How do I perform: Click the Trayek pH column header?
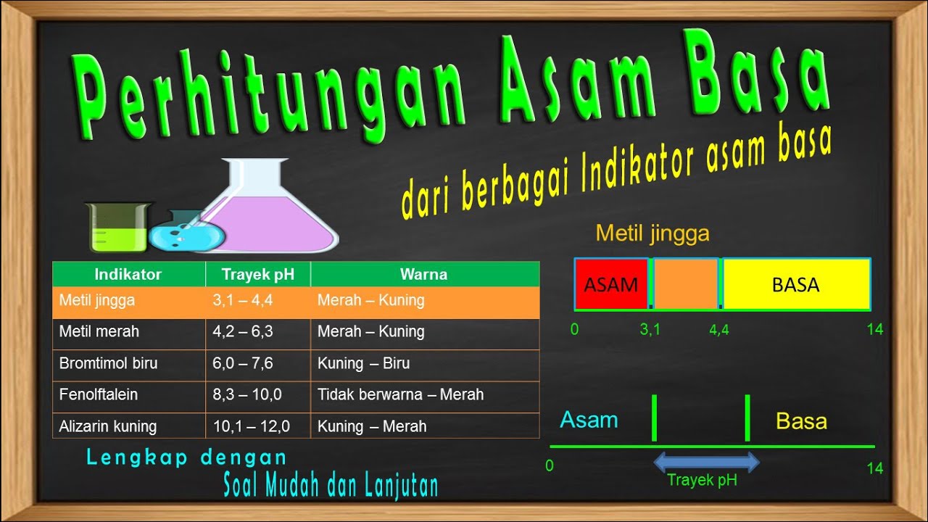tap(257, 274)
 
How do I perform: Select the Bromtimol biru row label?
tap(108, 363)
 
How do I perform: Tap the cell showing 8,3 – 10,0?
tap(247, 395)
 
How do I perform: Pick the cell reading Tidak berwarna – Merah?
tap(400, 395)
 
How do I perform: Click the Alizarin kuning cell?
tap(108, 426)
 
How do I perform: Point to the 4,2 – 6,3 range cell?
tap(243, 332)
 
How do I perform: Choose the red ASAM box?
tap(610, 284)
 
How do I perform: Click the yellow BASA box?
tap(796, 284)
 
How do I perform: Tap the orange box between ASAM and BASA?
tap(685, 284)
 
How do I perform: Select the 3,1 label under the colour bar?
tap(650, 330)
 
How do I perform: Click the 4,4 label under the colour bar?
tap(719, 330)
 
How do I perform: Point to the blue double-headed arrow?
tap(706, 462)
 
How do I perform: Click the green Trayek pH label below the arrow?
tap(702, 480)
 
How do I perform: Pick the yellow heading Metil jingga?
tap(652, 233)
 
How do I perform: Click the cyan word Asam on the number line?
tap(589, 420)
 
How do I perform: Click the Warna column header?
tap(423, 274)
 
